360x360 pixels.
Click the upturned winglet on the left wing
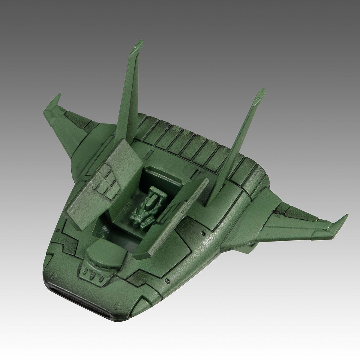coord(54,103)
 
